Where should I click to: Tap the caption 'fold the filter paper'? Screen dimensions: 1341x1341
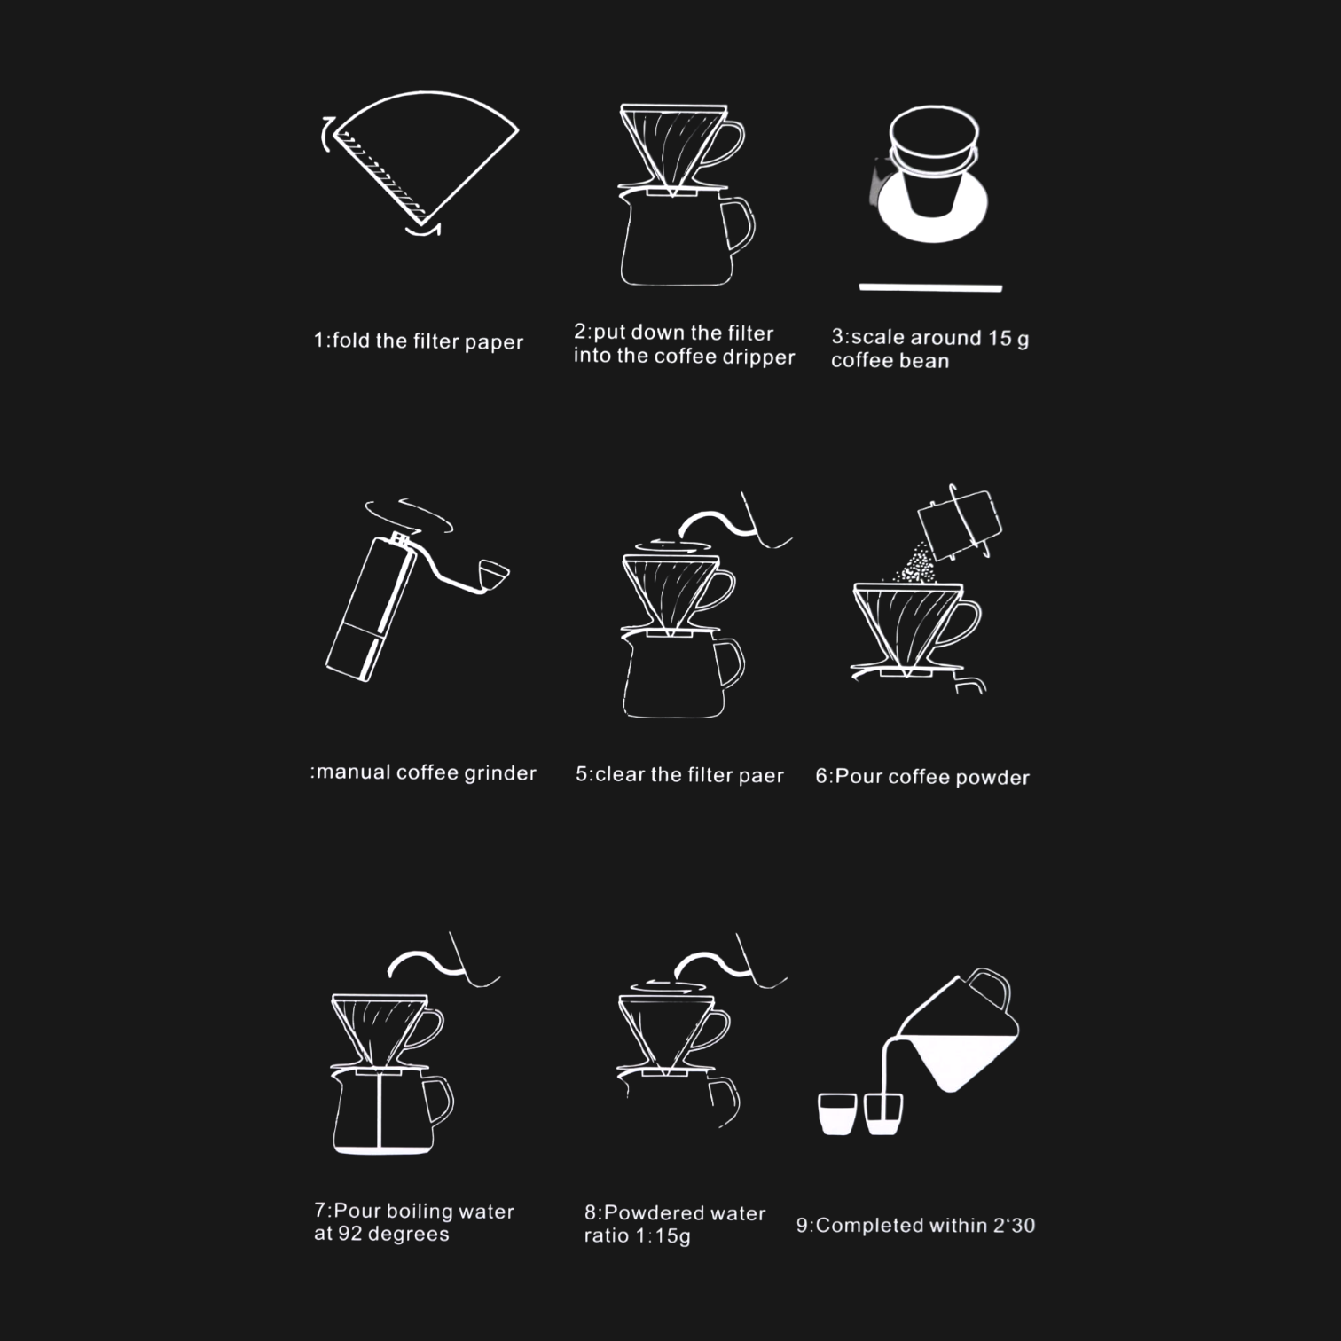point(427,341)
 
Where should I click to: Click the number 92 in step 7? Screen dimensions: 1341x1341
point(350,1234)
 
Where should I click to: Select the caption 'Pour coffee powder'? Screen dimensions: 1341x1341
point(932,777)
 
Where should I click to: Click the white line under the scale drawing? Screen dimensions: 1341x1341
point(930,287)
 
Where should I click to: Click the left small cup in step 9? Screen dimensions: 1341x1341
point(837,1114)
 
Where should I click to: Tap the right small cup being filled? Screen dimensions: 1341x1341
point(883,1114)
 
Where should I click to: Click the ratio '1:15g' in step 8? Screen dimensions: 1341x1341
point(663,1236)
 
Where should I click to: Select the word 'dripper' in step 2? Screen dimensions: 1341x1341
point(759,357)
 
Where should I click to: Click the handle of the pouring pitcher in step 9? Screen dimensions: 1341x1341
point(991,988)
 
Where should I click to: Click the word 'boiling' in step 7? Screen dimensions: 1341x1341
point(420,1212)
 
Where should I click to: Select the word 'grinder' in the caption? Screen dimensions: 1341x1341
point(500,773)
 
